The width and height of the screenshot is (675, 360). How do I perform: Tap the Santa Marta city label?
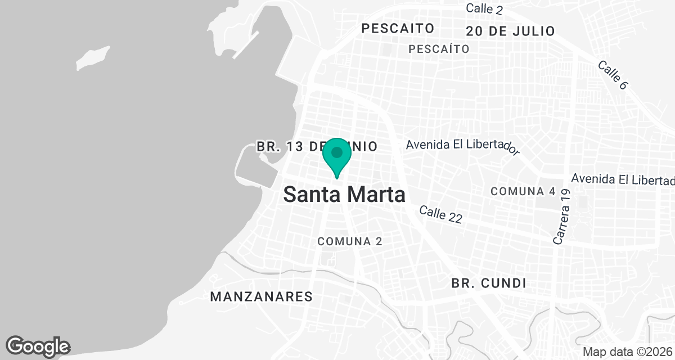click(x=344, y=195)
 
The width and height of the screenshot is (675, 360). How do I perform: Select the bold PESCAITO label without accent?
click(x=398, y=28)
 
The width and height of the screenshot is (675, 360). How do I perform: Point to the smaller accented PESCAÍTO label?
click(x=439, y=49)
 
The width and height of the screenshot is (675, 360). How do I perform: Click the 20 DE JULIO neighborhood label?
click(x=510, y=31)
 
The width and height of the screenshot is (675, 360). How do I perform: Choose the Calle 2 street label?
click(x=484, y=9)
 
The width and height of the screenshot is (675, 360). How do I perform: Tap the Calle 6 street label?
click(x=612, y=75)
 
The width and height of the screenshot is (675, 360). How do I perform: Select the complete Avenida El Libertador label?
click(x=461, y=146)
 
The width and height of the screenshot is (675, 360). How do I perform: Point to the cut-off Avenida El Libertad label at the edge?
click(x=623, y=179)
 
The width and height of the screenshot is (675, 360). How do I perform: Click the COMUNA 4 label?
click(x=523, y=191)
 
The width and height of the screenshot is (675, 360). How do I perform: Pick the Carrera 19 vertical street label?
click(x=562, y=217)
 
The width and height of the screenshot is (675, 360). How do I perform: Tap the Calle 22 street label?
click(x=440, y=214)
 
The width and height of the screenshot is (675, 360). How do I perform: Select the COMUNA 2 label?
click(x=350, y=241)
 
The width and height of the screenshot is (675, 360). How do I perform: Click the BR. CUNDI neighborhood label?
click(x=489, y=283)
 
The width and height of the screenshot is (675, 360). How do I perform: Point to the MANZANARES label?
click(x=261, y=296)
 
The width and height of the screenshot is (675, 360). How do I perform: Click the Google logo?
click(x=38, y=346)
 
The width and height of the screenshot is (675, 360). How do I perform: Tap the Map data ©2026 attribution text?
click(x=628, y=352)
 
